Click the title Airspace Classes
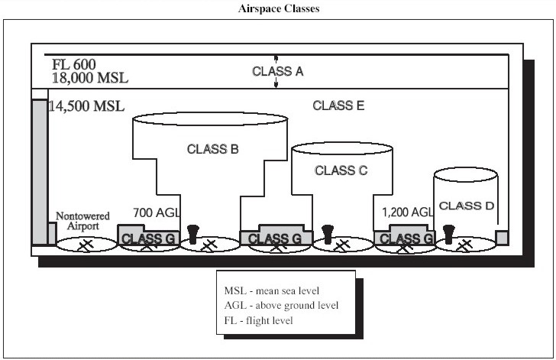tap(277, 9)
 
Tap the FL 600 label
tap(74, 63)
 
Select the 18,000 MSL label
tap(90, 77)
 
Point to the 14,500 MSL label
tap(86, 105)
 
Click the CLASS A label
tap(278, 71)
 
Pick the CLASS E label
tap(338, 105)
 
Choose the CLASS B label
tap(213, 149)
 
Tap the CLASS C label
tap(341, 170)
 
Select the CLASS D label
tap(466, 206)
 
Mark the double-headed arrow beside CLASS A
tap(276, 72)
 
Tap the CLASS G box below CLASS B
tap(275, 237)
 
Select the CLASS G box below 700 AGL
tap(148, 237)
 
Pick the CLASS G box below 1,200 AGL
tap(406, 237)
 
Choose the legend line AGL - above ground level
tap(281, 306)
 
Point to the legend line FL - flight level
tap(259, 320)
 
